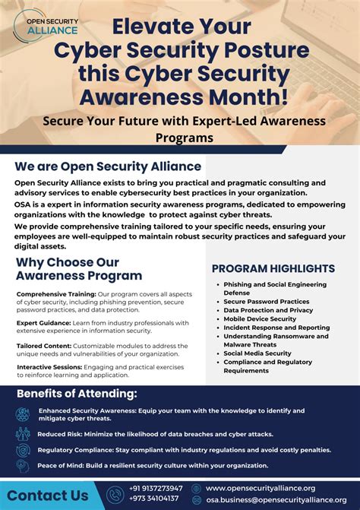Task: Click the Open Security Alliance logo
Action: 46,25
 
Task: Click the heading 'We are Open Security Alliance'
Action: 108,166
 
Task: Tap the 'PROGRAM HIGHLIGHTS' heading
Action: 273,268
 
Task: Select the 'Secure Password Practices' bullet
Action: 266,302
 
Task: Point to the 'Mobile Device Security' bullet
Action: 260,318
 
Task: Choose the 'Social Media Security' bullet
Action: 257,353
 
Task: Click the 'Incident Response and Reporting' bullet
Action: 276,327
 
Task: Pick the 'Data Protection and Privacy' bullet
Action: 268,310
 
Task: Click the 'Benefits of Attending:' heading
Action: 77,394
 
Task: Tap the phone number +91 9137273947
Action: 156,488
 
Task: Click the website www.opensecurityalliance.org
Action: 260,488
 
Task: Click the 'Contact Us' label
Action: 47,496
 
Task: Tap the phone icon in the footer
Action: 115,494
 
